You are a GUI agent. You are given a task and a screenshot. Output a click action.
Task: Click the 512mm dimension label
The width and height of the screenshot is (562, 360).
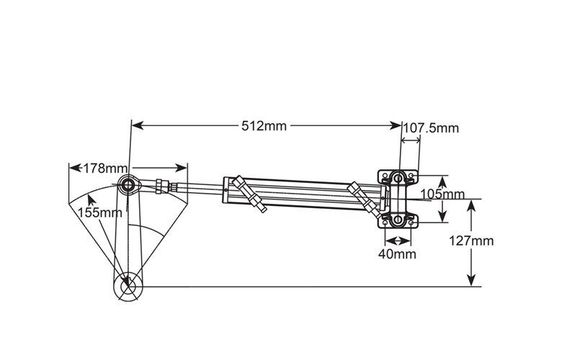(264, 126)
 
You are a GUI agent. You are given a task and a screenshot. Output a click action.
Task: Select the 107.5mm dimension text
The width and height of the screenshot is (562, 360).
(430, 128)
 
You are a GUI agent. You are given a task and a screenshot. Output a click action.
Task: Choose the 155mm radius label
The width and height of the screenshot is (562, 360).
(99, 212)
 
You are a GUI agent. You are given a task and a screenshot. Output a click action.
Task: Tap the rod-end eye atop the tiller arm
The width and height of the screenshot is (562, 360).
(129, 186)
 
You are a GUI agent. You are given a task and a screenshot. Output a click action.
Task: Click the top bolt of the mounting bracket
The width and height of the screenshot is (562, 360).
(397, 176)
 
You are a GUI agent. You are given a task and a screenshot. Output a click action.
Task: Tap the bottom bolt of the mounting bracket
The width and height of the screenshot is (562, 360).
(397, 219)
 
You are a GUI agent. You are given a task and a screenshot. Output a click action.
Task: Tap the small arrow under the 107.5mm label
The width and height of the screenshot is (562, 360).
(411, 140)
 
